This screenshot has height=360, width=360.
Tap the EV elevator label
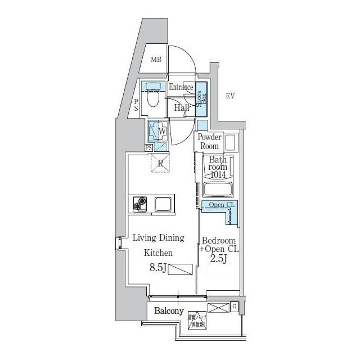pos(229,96)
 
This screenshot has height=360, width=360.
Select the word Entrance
pos(181,88)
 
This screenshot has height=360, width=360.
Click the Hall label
pos(181,107)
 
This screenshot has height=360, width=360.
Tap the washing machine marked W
pos(157,131)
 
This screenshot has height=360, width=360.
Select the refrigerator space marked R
pos(160,164)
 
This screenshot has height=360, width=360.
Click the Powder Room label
pos(209,142)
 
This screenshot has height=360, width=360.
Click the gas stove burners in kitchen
pos(139,203)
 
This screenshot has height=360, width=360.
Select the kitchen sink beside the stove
pos(163,203)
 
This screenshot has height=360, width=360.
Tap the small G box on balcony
pos(234,307)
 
